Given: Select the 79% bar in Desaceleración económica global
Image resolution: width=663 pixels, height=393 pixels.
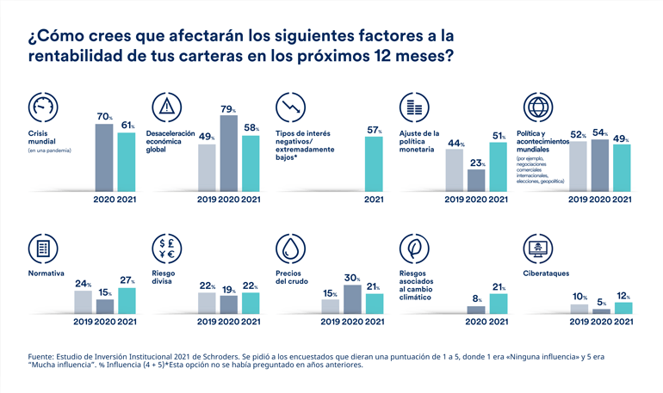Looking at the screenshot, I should tap(229, 153).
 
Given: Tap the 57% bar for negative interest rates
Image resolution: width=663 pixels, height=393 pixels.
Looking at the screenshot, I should tap(374, 163).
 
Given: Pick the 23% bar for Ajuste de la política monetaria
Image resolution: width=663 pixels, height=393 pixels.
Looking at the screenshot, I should tap(475, 180).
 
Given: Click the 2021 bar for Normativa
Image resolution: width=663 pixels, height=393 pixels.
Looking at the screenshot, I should tap(127, 301).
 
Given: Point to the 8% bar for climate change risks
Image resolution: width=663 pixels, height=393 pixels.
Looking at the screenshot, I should tap(475, 310).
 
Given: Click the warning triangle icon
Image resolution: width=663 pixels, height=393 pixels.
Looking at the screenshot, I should tap(166, 107).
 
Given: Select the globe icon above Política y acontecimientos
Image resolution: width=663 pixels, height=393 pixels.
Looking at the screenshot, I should tap(539, 107).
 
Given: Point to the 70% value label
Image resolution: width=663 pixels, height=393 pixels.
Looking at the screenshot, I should tap(103, 116).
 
